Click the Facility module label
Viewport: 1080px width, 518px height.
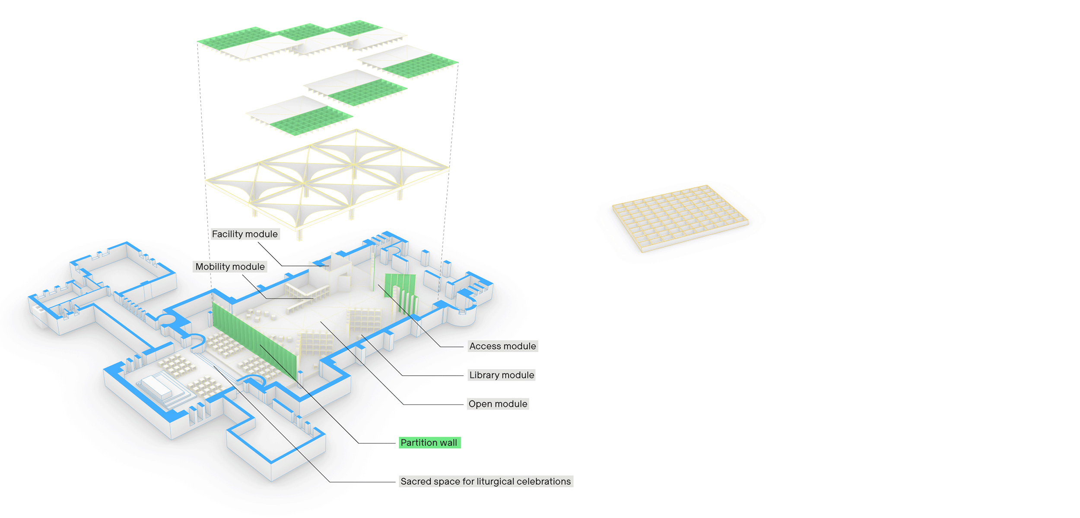tap(245, 234)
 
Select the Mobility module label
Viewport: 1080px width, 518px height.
tap(230, 267)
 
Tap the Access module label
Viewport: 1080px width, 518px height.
tap(502, 346)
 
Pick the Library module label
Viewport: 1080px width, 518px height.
tap(502, 375)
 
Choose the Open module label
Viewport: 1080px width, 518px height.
tap(498, 404)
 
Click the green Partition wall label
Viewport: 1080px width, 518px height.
tap(429, 443)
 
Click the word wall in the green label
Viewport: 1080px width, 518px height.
tap(448, 443)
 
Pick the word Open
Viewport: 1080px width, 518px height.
tap(480, 404)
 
